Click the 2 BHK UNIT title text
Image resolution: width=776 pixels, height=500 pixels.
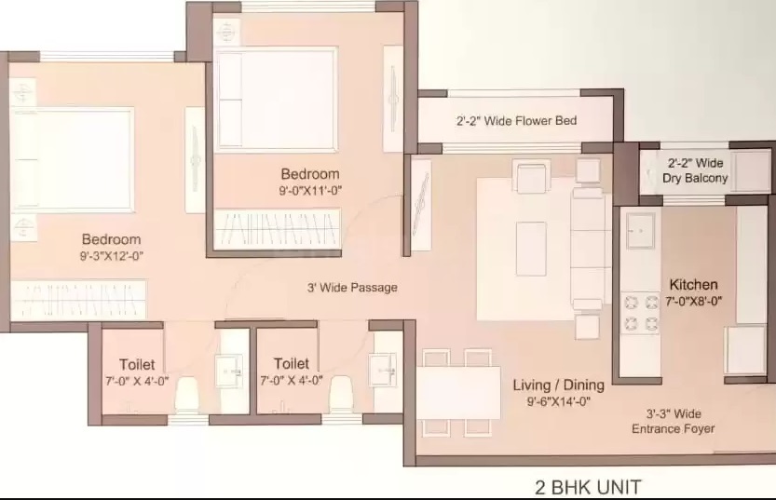(x=588, y=487)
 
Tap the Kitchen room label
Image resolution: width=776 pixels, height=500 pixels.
(x=693, y=285)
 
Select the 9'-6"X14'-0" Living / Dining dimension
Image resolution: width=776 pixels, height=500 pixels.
(x=558, y=401)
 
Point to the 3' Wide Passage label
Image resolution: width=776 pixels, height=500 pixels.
(x=352, y=288)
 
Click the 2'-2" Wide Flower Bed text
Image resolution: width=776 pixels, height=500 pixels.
(x=516, y=121)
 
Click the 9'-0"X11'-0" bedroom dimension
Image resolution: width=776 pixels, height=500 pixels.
(x=310, y=190)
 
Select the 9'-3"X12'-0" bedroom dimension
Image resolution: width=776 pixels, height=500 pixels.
(x=112, y=256)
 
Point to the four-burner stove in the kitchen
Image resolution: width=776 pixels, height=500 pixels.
(x=640, y=313)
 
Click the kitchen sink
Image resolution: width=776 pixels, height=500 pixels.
(x=640, y=231)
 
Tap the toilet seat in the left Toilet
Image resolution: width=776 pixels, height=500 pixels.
(x=186, y=395)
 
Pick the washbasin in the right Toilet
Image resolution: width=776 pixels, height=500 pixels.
(x=382, y=369)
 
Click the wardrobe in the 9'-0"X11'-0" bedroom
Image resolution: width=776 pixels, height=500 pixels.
(x=278, y=229)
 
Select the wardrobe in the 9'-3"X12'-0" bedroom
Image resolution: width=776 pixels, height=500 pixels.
(x=78, y=300)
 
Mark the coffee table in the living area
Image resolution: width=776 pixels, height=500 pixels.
(x=531, y=249)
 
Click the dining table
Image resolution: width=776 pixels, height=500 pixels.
(x=458, y=393)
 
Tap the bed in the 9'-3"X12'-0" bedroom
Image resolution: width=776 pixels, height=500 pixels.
(x=73, y=160)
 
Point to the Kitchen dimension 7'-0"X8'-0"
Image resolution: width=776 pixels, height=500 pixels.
(x=693, y=301)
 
